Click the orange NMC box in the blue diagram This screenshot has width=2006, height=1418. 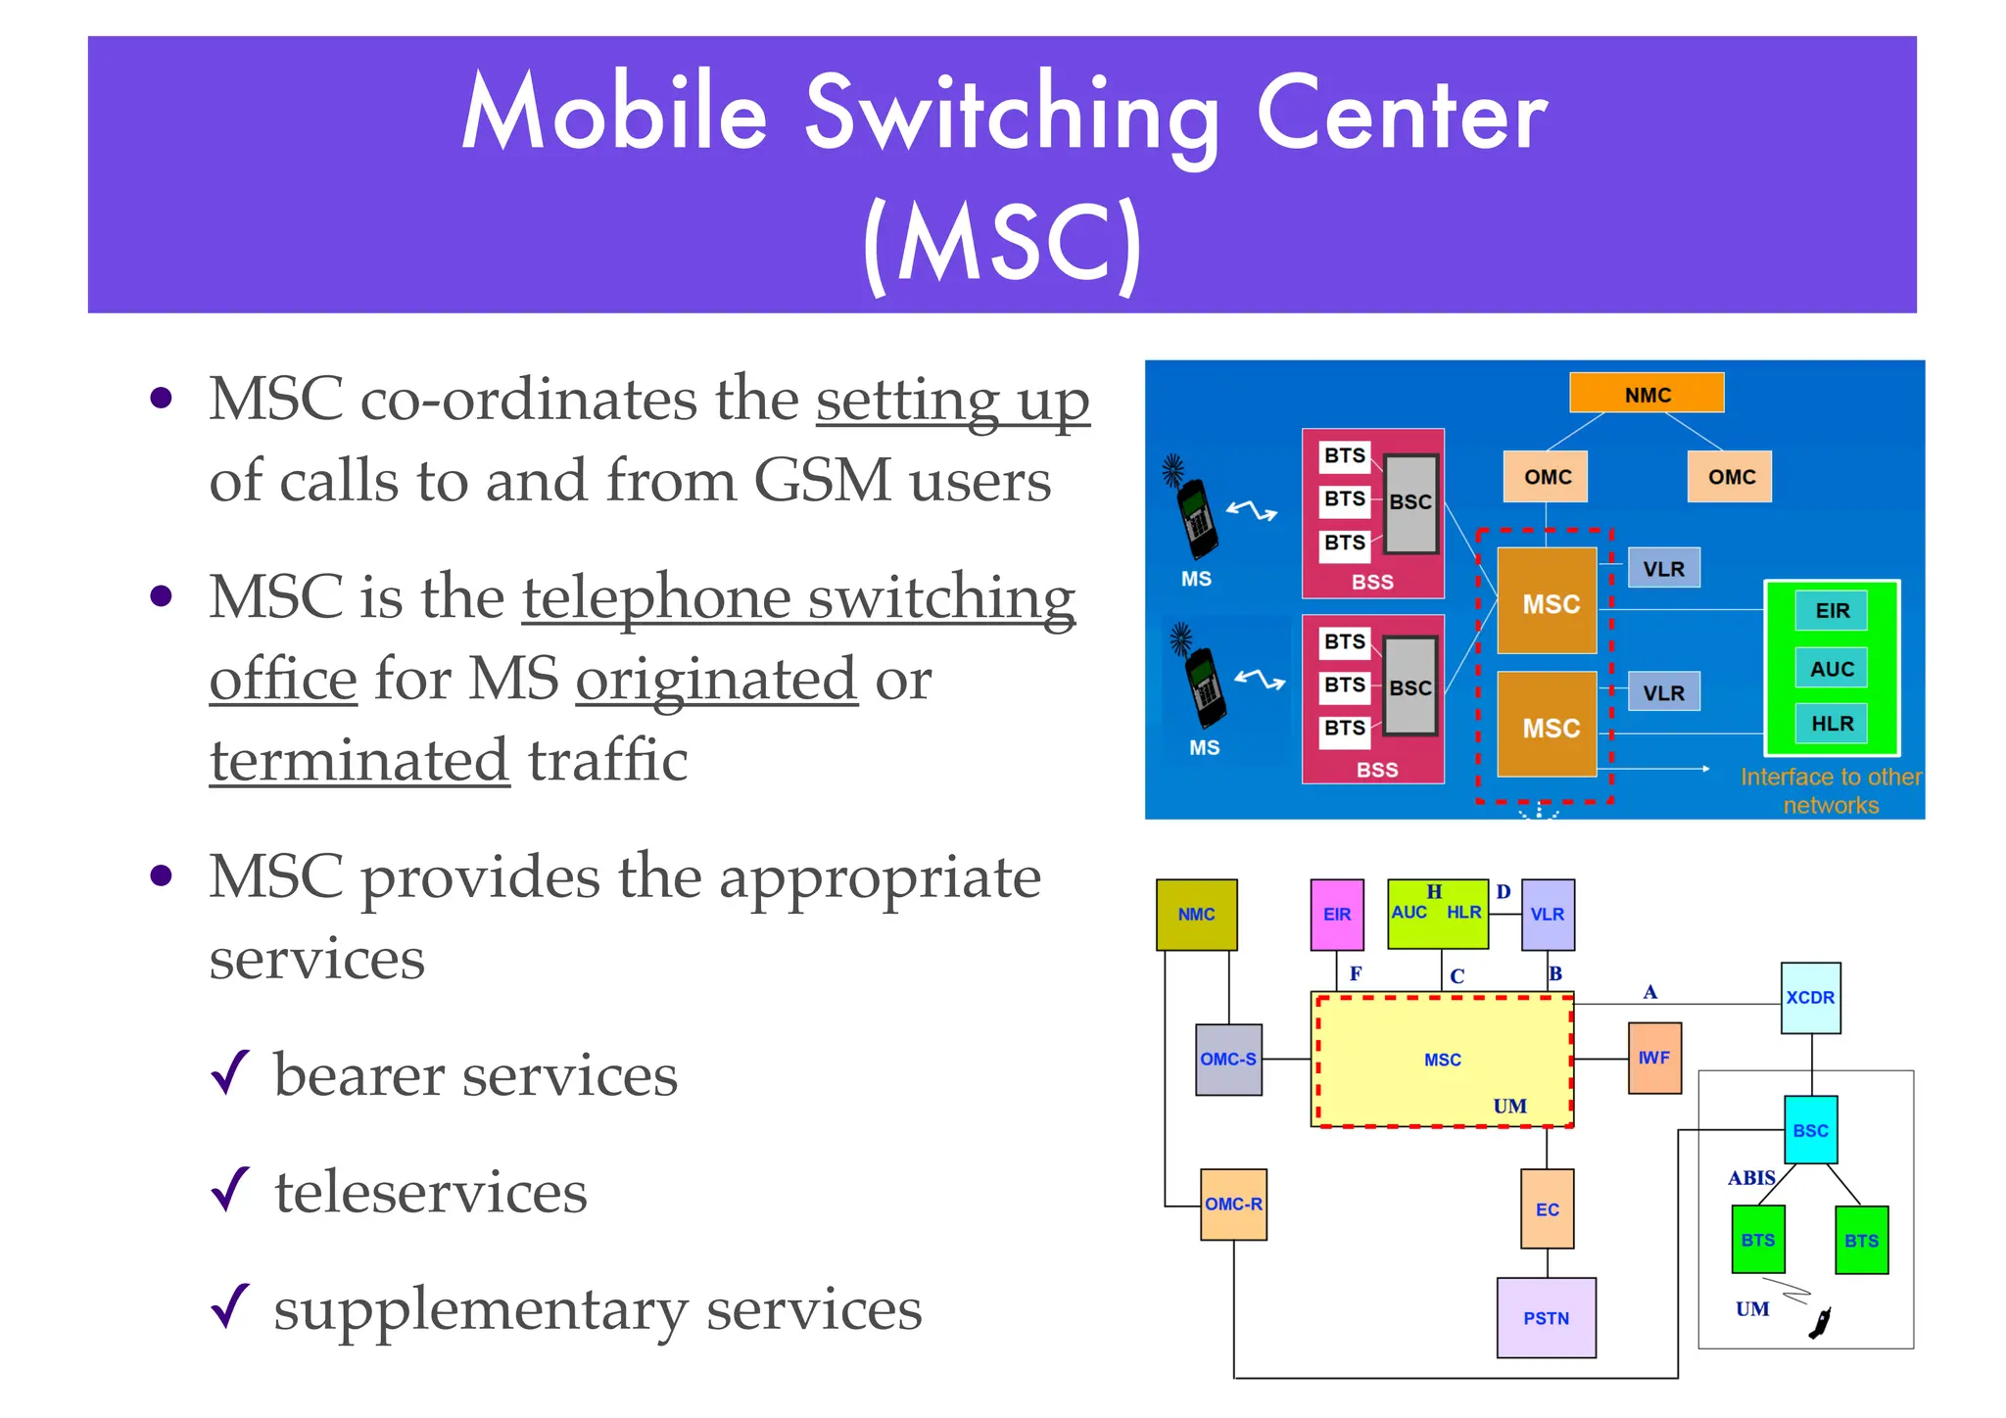coord(1647,394)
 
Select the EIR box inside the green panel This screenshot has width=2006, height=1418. coord(1832,611)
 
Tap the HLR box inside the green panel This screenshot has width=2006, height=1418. coord(1832,724)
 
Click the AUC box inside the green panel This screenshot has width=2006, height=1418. coord(1832,669)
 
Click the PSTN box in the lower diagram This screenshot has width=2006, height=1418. coord(1546,1318)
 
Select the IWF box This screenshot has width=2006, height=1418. coord(1654,1059)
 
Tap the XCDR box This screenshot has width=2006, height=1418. coord(1810,998)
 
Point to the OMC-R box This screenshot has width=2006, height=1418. coord(1233,1205)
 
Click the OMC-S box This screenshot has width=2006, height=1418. coord(1228,1060)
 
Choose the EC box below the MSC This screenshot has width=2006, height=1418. coord(1548,1209)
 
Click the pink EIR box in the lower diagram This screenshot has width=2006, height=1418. coord(1337,915)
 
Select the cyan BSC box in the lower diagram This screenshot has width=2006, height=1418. coord(1810,1130)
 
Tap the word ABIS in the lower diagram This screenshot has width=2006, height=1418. coord(1751,1178)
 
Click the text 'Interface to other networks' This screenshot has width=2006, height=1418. coord(1831,791)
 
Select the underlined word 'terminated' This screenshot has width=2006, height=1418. coord(360,762)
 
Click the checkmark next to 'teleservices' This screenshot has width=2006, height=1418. coord(231,1190)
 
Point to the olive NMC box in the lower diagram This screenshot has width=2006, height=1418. coord(1196,915)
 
